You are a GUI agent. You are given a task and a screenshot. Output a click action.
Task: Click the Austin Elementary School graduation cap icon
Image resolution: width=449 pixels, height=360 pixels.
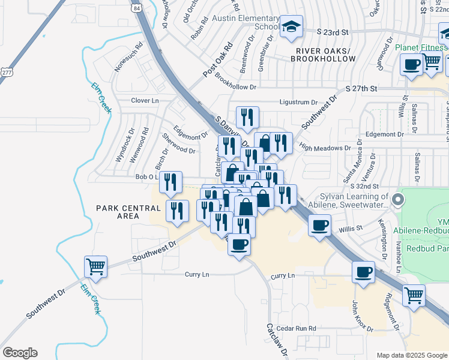(292, 27)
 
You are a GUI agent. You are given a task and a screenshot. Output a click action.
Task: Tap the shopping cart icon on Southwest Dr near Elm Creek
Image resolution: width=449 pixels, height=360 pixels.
(96, 267)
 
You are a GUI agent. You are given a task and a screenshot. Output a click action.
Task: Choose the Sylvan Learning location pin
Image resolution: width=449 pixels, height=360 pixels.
(396, 199)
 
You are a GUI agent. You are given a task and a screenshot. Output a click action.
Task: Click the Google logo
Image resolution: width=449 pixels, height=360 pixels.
(20, 353)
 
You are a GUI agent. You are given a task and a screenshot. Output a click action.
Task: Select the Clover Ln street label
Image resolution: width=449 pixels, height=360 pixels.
(145, 101)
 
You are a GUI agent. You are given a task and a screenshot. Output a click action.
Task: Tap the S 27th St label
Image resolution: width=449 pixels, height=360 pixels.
(361, 88)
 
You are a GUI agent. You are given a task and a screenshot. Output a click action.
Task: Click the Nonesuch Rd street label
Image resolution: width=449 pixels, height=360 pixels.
(128, 55)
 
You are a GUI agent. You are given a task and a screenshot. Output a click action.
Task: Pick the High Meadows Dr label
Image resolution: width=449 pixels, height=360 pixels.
(325, 148)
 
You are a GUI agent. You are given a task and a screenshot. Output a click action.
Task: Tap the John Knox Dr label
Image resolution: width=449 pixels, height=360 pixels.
(363, 316)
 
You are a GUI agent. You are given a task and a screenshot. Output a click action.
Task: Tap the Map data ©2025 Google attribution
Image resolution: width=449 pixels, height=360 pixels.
(411, 355)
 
